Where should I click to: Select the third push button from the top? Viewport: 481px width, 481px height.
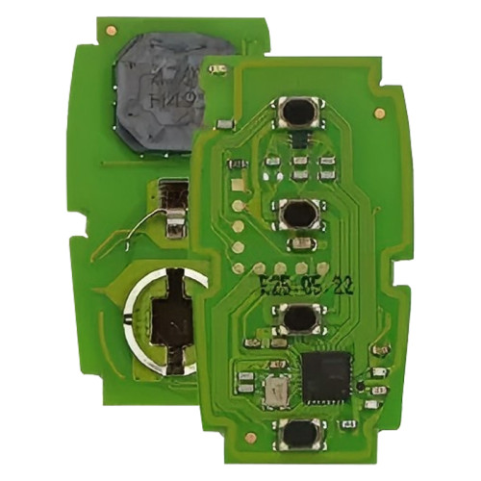point(298,316)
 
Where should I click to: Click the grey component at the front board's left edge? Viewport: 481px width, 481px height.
point(224,123)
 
